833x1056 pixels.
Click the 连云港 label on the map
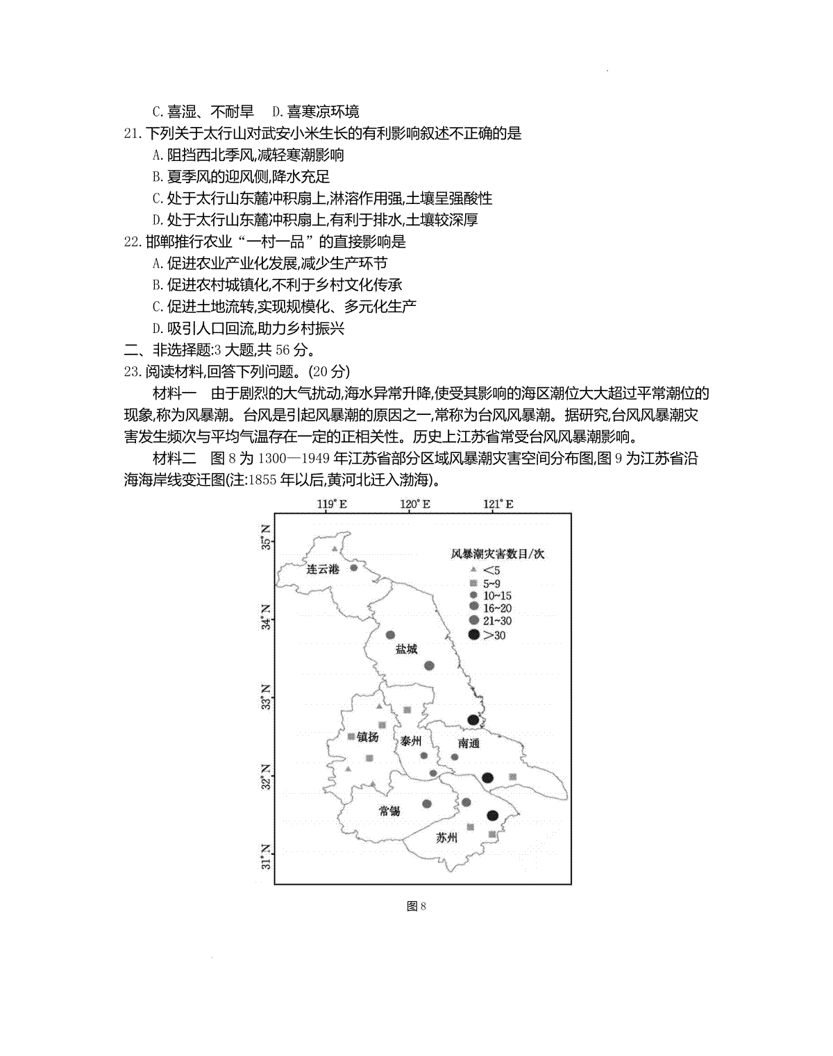pos(323,570)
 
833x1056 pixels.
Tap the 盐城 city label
pos(406,649)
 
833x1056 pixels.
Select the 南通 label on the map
pos(469,743)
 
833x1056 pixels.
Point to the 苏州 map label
pos(447,837)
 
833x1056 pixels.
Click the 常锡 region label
pos(389,811)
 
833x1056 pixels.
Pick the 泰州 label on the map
pos(411,741)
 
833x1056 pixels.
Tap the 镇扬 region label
pos(368,738)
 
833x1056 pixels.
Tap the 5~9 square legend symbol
pos(474,583)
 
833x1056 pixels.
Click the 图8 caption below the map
pos(416,906)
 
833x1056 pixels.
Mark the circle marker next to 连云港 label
pos(353,568)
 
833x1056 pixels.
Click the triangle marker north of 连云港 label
pos(335,550)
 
